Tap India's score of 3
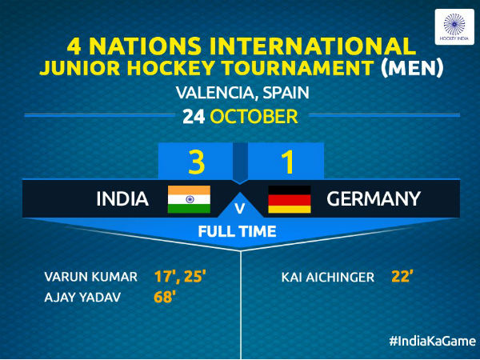(197, 162)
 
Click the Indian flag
(189, 198)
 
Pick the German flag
(289, 198)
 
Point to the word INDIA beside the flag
(122, 198)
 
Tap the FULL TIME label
(238, 232)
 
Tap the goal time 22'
(402, 278)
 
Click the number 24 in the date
(193, 117)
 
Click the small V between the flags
(238, 209)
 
